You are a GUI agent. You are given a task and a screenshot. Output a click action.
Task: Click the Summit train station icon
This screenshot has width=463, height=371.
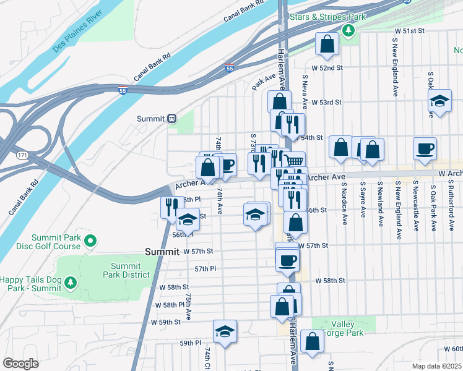click(171, 119)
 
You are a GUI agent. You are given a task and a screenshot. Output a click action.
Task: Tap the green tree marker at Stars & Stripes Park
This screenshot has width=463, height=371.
click(349, 30)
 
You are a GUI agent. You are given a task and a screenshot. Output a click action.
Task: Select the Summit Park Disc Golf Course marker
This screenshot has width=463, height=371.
click(90, 241)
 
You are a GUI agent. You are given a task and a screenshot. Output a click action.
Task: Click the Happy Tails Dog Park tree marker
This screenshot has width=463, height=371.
click(71, 283)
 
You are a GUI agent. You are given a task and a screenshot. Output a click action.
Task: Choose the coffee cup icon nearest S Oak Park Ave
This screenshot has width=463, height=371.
click(425, 148)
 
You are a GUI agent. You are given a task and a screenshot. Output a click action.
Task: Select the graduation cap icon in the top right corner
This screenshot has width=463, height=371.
click(440, 100)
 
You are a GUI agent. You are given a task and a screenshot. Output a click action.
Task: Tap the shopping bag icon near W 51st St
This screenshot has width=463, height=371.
click(326, 43)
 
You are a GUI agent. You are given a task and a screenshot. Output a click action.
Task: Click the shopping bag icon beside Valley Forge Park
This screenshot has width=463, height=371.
click(312, 341)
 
